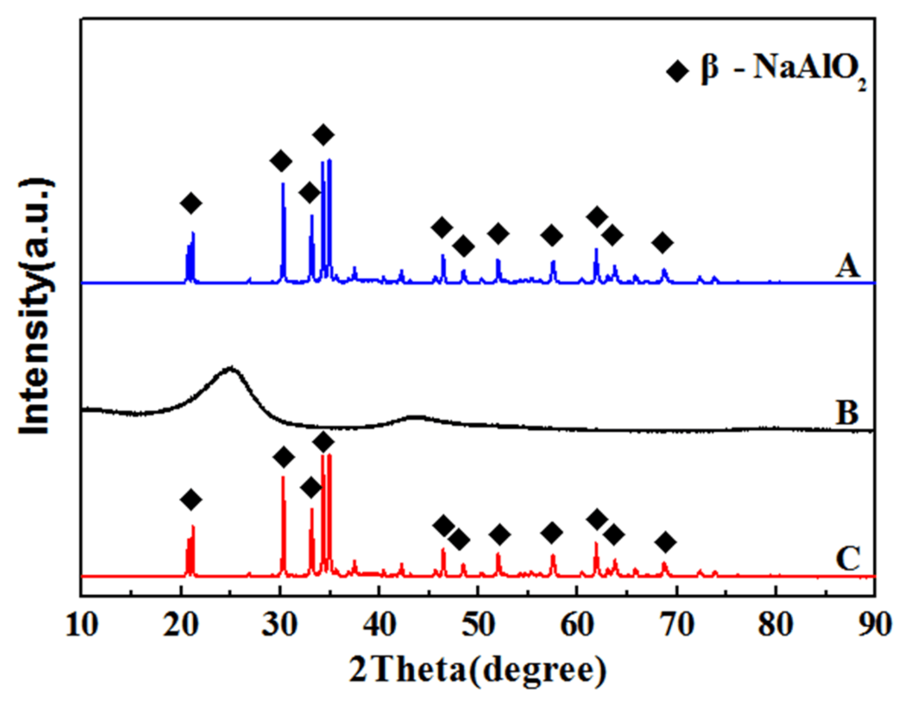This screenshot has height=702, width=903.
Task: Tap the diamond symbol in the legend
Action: pos(677,70)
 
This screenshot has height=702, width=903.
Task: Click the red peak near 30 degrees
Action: pos(283,477)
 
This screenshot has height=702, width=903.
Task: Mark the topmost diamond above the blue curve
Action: pos(323,135)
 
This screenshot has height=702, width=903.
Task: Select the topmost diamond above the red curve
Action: pos(323,442)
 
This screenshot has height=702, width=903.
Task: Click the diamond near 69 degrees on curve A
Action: pos(663,243)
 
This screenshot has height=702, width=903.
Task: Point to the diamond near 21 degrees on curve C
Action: pos(191,500)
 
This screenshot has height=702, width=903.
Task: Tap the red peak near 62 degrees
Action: pos(596,543)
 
